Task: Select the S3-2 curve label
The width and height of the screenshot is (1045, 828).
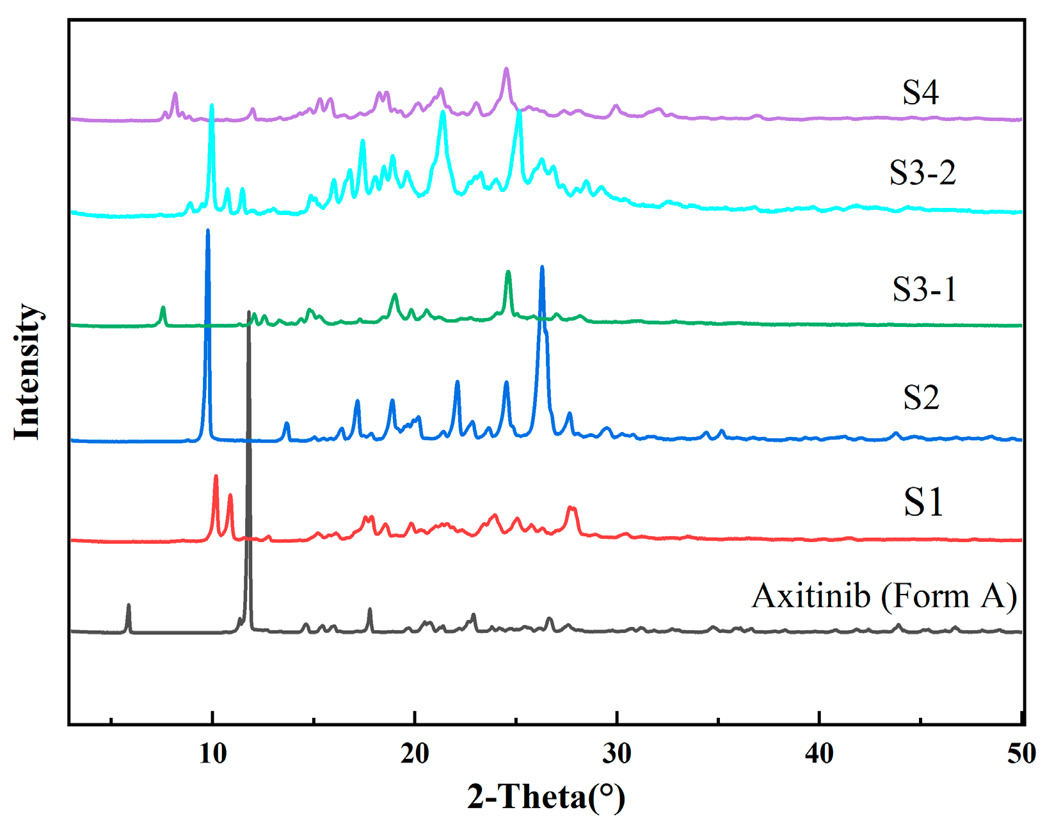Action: click(x=922, y=172)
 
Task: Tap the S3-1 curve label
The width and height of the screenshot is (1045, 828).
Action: click(x=924, y=289)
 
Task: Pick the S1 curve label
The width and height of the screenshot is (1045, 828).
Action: click(x=923, y=502)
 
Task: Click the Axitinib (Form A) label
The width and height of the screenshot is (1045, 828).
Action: click(x=884, y=596)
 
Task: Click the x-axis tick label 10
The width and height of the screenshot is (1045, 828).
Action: click(x=212, y=753)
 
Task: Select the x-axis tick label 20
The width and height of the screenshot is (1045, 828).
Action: click(x=415, y=753)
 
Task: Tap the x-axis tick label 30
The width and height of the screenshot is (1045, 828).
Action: click(x=617, y=753)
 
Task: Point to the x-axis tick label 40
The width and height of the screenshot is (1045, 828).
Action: click(x=819, y=753)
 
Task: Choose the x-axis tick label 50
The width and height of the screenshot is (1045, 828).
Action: click(x=1021, y=753)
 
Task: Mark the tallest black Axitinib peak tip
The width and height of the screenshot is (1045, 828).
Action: click(x=249, y=313)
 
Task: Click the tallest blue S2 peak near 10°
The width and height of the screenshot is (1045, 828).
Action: click(x=207, y=231)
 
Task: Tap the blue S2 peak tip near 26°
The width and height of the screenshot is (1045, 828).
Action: click(x=542, y=267)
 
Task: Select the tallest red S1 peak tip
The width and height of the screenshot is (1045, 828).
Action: click(x=216, y=477)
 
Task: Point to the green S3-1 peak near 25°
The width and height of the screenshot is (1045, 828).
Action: click(x=508, y=273)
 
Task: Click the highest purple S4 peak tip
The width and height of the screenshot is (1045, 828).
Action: click(x=506, y=68)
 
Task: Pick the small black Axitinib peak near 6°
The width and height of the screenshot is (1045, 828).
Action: click(x=129, y=605)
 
